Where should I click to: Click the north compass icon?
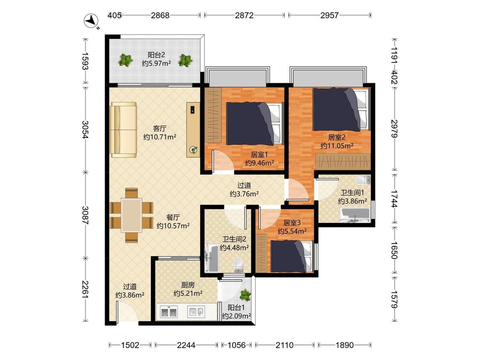click(x=92, y=22)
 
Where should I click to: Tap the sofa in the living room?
click(x=124, y=130)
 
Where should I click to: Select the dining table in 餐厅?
click(x=131, y=215)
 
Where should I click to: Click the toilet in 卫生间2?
click(x=238, y=265)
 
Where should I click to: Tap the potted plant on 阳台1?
click(x=245, y=295)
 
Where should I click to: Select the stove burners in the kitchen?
click(x=169, y=311)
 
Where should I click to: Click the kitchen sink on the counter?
click(x=196, y=311)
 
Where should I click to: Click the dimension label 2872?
click(x=244, y=15)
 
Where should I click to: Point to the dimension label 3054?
click(x=85, y=130)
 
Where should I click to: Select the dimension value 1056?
click(x=237, y=345)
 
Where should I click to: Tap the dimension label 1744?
click(x=394, y=199)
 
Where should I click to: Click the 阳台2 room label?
click(x=157, y=55)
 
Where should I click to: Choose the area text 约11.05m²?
click(x=337, y=146)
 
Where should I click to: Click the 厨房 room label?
click(x=188, y=285)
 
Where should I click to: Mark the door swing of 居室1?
click(x=224, y=161)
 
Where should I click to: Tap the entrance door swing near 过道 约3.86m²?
click(x=126, y=312)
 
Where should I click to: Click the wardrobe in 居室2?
click(x=343, y=161)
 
